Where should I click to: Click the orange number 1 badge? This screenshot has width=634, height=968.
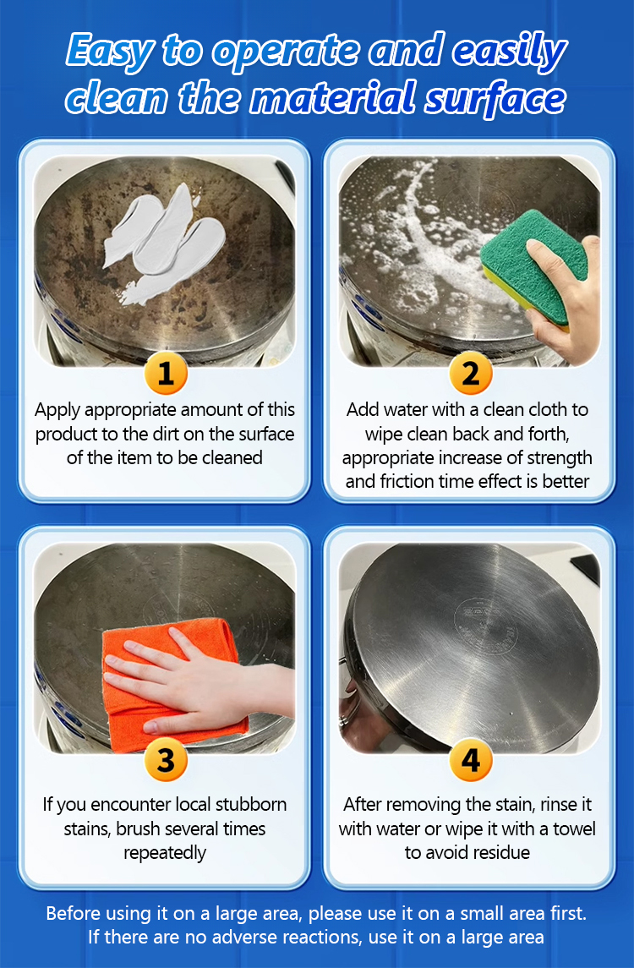166,373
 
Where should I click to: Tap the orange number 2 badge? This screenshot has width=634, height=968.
470,373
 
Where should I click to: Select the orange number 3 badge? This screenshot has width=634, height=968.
166,760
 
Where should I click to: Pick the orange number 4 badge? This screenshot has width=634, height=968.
470,760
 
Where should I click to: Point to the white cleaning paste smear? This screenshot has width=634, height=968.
161,242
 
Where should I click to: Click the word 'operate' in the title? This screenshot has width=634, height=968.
285,51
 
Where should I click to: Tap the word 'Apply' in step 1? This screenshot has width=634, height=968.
57,411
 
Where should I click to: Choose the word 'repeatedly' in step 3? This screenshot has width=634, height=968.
165,853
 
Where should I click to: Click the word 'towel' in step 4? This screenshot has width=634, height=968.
574,829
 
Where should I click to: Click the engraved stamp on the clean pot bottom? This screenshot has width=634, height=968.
484,625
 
